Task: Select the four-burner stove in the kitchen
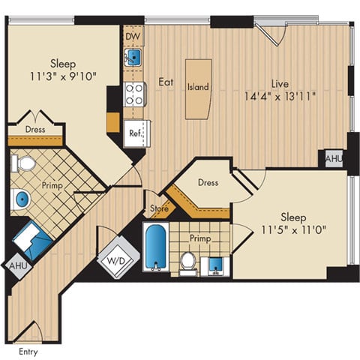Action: (134, 94)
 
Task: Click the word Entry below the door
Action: (27, 351)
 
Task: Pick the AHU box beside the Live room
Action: (332, 159)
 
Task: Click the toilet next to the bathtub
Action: (188, 259)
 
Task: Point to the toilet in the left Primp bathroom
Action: (25, 163)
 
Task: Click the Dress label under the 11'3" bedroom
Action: (34, 129)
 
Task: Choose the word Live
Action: (278, 85)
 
